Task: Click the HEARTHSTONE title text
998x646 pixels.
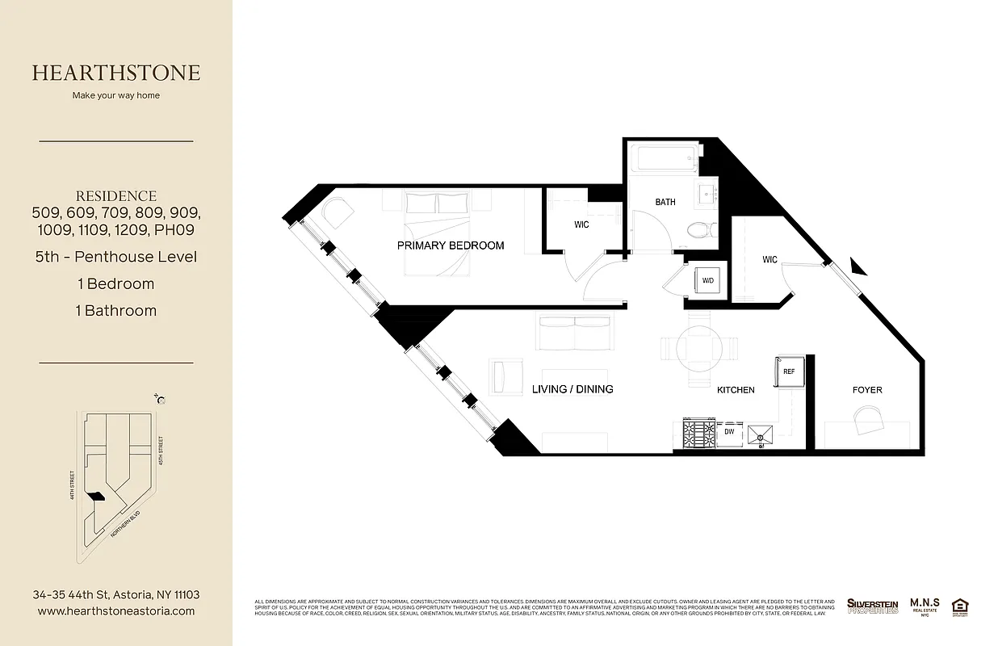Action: [x=116, y=73]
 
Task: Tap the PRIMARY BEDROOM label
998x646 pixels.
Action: [x=451, y=245]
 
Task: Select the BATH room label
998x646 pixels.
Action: [x=665, y=202]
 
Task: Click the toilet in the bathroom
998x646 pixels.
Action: [x=698, y=230]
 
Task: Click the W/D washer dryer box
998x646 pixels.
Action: [x=708, y=281]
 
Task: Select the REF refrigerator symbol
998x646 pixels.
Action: [x=789, y=371]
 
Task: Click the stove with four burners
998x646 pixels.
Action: [x=699, y=434]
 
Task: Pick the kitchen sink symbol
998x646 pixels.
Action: [x=760, y=436]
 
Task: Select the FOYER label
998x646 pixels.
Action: [x=867, y=390]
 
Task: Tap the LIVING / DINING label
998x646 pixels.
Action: [x=572, y=389]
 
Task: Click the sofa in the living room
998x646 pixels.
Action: [x=573, y=331]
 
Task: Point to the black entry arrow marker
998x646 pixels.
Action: [x=858, y=266]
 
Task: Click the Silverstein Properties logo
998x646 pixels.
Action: [x=872, y=606]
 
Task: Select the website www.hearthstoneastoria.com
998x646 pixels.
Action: [x=116, y=611]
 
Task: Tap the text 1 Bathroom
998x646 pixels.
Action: [x=116, y=310]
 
